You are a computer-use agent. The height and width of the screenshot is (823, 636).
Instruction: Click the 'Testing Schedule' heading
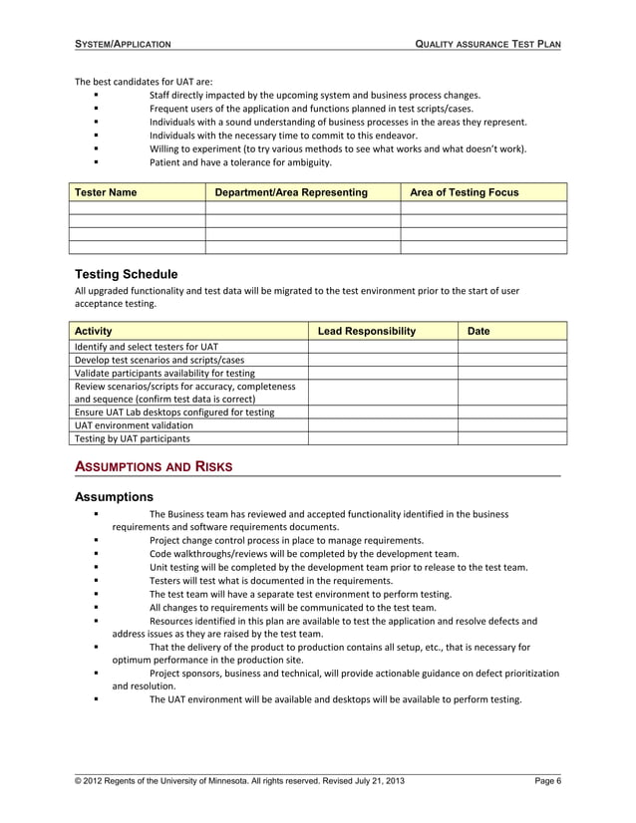click(127, 274)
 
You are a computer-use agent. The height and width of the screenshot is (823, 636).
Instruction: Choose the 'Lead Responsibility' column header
click(365, 331)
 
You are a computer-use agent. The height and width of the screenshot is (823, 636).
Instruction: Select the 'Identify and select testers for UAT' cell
click(146, 347)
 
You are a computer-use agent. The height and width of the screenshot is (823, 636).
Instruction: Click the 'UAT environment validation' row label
click(134, 424)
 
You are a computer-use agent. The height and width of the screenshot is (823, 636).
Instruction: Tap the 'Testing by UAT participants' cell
click(133, 437)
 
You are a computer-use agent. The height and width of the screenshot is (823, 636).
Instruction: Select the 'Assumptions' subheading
click(114, 496)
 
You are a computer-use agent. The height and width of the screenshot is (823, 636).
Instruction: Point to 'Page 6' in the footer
click(547, 780)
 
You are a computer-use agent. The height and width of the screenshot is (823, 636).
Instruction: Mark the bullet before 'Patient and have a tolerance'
click(95, 161)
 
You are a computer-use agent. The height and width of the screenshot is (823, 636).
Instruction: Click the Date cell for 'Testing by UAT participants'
click(511, 437)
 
